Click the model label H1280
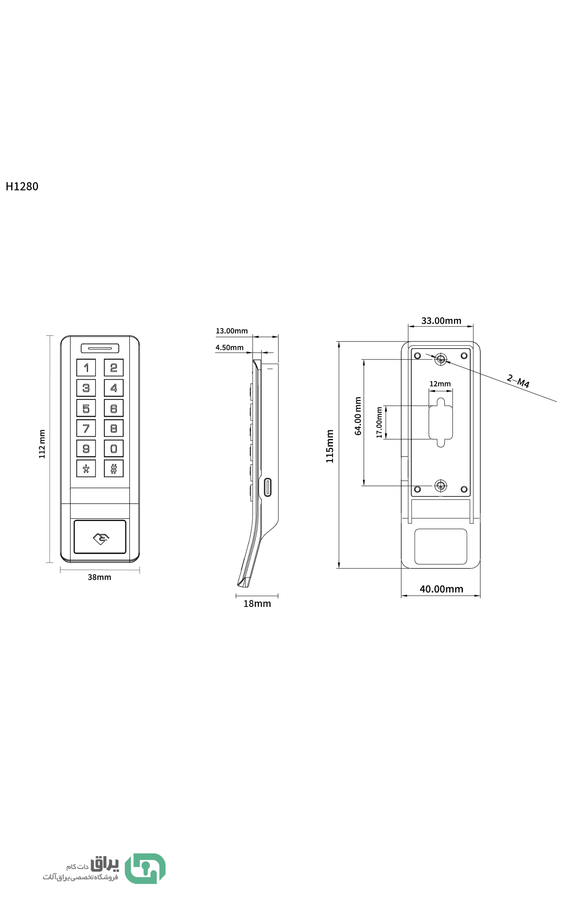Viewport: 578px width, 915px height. point(22,186)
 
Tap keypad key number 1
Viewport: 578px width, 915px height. point(86,367)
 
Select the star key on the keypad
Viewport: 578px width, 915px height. point(86,469)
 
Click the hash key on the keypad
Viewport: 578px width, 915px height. point(114,469)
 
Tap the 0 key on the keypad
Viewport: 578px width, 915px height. point(114,448)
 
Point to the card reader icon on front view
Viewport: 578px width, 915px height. point(101,538)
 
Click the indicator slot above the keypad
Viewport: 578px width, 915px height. point(100,348)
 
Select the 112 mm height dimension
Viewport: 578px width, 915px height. point(42,444)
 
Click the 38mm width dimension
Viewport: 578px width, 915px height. point(100,577)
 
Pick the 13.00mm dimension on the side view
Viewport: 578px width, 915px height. point(232,331)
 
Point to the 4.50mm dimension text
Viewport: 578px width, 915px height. point(229,348)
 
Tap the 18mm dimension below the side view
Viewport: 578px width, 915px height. point(257,604)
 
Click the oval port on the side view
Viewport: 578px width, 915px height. point(267,487)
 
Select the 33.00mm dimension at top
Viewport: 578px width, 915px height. point(441,321)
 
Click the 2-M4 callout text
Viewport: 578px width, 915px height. point(518,381)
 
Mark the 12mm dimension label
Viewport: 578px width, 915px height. point(440,384)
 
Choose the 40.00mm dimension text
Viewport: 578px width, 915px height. point(441,589)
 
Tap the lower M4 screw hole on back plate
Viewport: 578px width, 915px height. point(440,485)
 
